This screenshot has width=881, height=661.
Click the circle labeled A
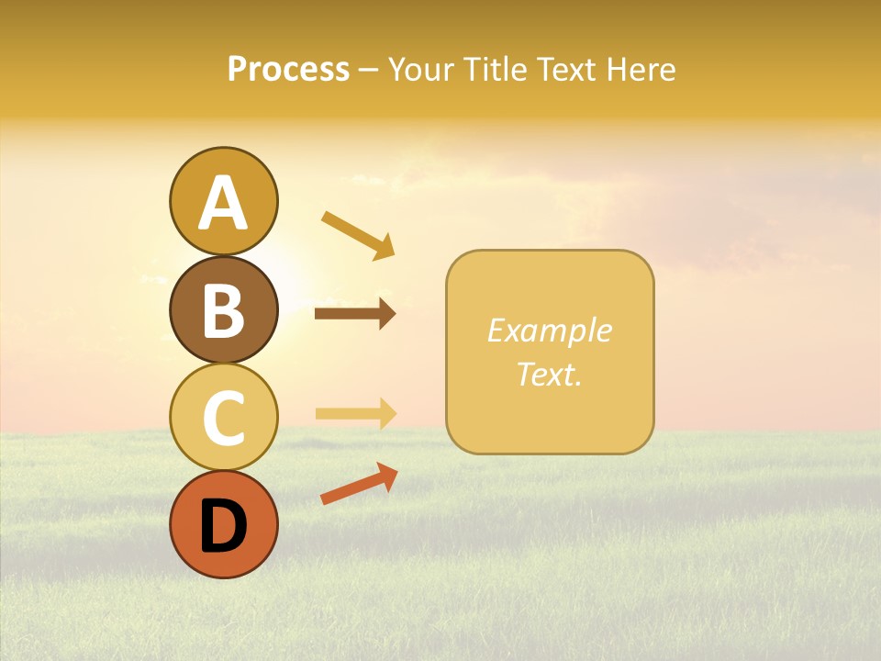(223, 201)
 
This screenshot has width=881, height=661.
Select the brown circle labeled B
(223, 309)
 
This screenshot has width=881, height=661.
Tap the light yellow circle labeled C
(223, 417)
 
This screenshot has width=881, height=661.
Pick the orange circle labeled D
(223, 524)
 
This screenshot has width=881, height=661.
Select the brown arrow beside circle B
(354, 314)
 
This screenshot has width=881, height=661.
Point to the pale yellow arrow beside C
(354, 413)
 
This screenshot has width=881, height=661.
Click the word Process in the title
(288, 70)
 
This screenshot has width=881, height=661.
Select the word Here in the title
(641, 70)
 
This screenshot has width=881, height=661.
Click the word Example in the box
(549, 330)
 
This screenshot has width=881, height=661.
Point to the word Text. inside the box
(549, 374)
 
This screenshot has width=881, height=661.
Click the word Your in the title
(418, 70)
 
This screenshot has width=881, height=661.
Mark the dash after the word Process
(368, 71)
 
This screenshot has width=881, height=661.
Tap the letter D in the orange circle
(223, 526)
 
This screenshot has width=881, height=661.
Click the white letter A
(223, 203)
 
